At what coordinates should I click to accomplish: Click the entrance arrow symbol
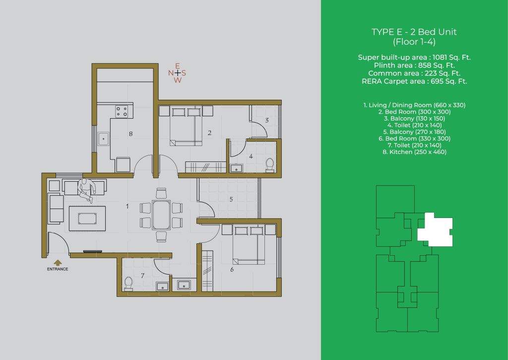point(58,263)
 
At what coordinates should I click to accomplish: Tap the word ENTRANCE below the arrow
point(58,269)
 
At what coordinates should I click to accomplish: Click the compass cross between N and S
point(177,73)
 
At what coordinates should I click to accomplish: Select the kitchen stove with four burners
point(122,112)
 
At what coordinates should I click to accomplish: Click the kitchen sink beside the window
point(104,139)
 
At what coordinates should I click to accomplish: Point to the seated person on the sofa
point(86,190)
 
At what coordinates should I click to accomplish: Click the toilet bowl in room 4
point(269,164)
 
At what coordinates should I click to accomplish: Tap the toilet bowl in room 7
point(128,284)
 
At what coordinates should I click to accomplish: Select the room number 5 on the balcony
point(231,199)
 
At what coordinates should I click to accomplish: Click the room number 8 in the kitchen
point(130,134)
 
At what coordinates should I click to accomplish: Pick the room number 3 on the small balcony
point(266,120)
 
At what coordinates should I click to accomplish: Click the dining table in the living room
point(161,215)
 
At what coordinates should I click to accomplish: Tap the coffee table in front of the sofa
point(87,218)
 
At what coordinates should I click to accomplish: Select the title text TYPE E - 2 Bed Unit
point(414,32)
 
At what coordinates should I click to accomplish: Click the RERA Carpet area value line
point(414,81)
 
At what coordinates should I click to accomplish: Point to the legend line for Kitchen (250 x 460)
point(414,152)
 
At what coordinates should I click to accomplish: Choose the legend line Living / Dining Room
point(414,105)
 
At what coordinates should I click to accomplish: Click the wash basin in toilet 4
point(237,168)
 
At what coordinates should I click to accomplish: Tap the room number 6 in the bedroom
point(232,270)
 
